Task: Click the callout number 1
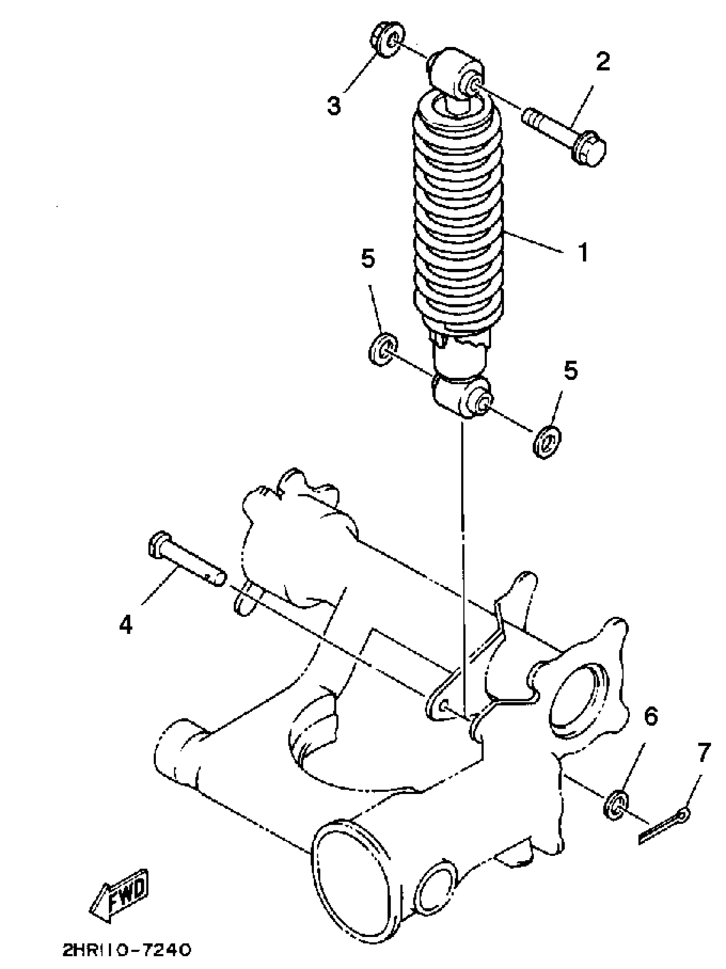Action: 583,253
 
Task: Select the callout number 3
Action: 334,105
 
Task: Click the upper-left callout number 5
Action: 368,259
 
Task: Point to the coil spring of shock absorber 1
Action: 458,219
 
